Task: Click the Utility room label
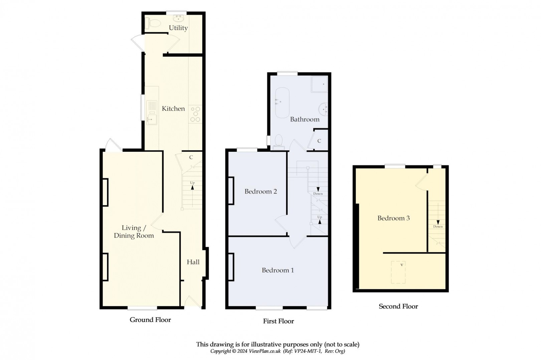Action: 178,28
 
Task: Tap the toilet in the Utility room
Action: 154,23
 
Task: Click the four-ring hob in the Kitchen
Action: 195,114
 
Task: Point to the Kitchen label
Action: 173,108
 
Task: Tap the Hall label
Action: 193,262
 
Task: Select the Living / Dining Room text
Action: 134,232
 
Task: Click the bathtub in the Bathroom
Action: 282,103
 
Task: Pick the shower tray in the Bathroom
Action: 319,84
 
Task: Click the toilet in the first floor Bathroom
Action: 278,141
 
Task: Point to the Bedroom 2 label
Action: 260,191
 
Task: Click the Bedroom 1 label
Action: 278,270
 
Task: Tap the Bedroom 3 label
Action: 393,218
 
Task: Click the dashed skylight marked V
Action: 398,272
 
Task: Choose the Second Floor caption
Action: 398,306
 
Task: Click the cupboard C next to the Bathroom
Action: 319,141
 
